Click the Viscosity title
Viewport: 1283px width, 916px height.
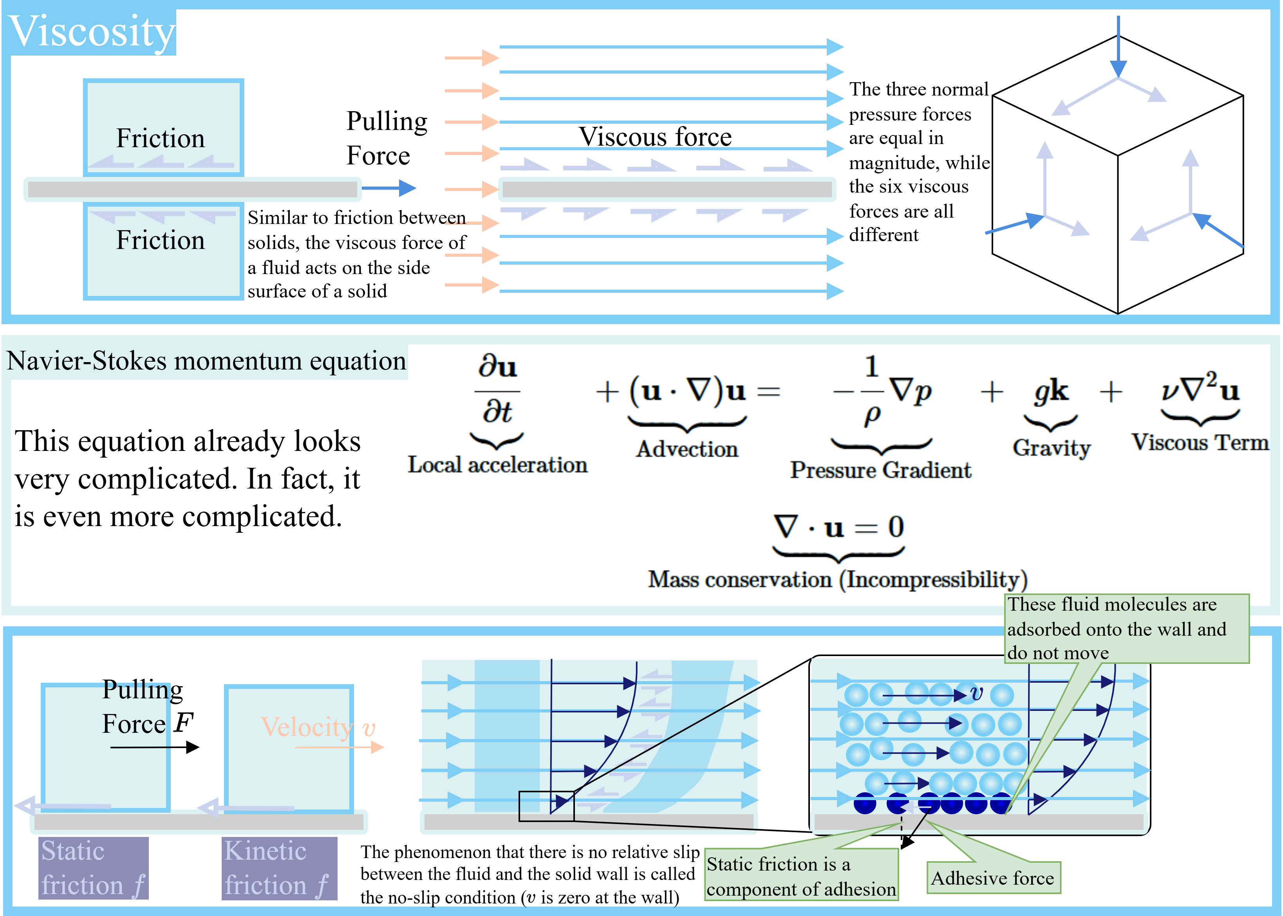[92, 32]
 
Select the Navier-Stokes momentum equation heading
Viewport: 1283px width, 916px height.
[206, 361]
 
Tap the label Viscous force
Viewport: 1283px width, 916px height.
[655, 137]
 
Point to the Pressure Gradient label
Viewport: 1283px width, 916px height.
[880, 470]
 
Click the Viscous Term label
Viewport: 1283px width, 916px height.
[1200, 443]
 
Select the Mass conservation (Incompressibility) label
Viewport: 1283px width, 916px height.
[838, 580]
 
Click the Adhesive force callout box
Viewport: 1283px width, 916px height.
[993, 878]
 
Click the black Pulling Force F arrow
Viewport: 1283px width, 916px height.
[155, 747]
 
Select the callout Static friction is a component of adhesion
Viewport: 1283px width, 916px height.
[801, 876]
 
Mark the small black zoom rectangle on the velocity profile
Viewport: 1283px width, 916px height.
[546, 806]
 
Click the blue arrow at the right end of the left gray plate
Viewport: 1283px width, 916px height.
[389, 188]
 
